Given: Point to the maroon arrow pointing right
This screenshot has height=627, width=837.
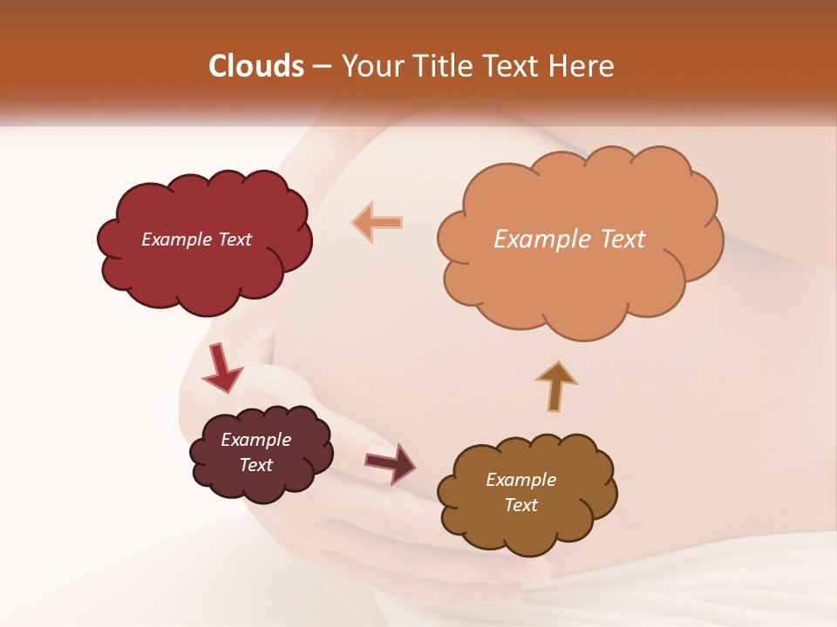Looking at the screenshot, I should click(x=391, y=462).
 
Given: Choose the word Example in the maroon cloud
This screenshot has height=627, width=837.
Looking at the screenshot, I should click(x=255, y=440).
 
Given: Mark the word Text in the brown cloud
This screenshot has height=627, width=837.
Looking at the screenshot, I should click(x=521, y=505).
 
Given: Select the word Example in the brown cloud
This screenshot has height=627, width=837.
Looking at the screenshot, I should click(x=521, y=480).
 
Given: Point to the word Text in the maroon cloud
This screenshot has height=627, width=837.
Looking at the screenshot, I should click(x=255, y=465).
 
